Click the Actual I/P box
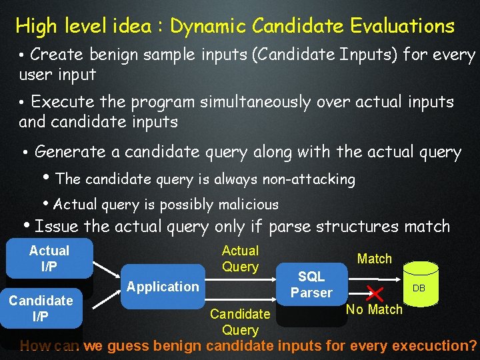pos(49,258)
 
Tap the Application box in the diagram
pos(163,287)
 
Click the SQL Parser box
pos(311,285)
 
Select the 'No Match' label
pos(374,309)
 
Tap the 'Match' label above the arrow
pos(374,259)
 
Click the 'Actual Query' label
pos(240,259)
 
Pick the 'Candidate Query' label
pos(240,321)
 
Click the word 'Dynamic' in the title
pos(209,27)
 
